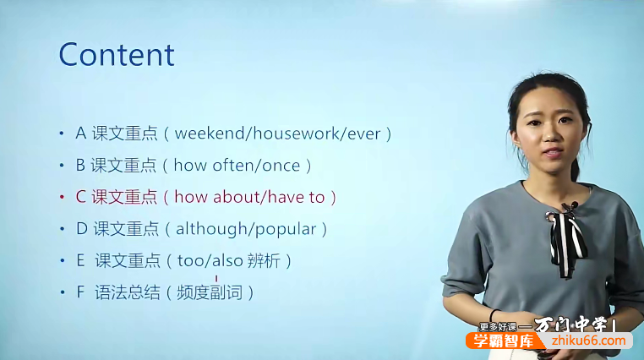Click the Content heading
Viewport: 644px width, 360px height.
tap(117, 55)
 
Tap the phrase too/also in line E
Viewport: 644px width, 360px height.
tap(205, 261)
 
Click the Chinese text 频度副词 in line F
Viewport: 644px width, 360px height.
tap(210, 293)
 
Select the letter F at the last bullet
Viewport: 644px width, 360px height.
tap(80, 293)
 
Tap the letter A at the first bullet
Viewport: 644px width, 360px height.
tap(80, 134)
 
